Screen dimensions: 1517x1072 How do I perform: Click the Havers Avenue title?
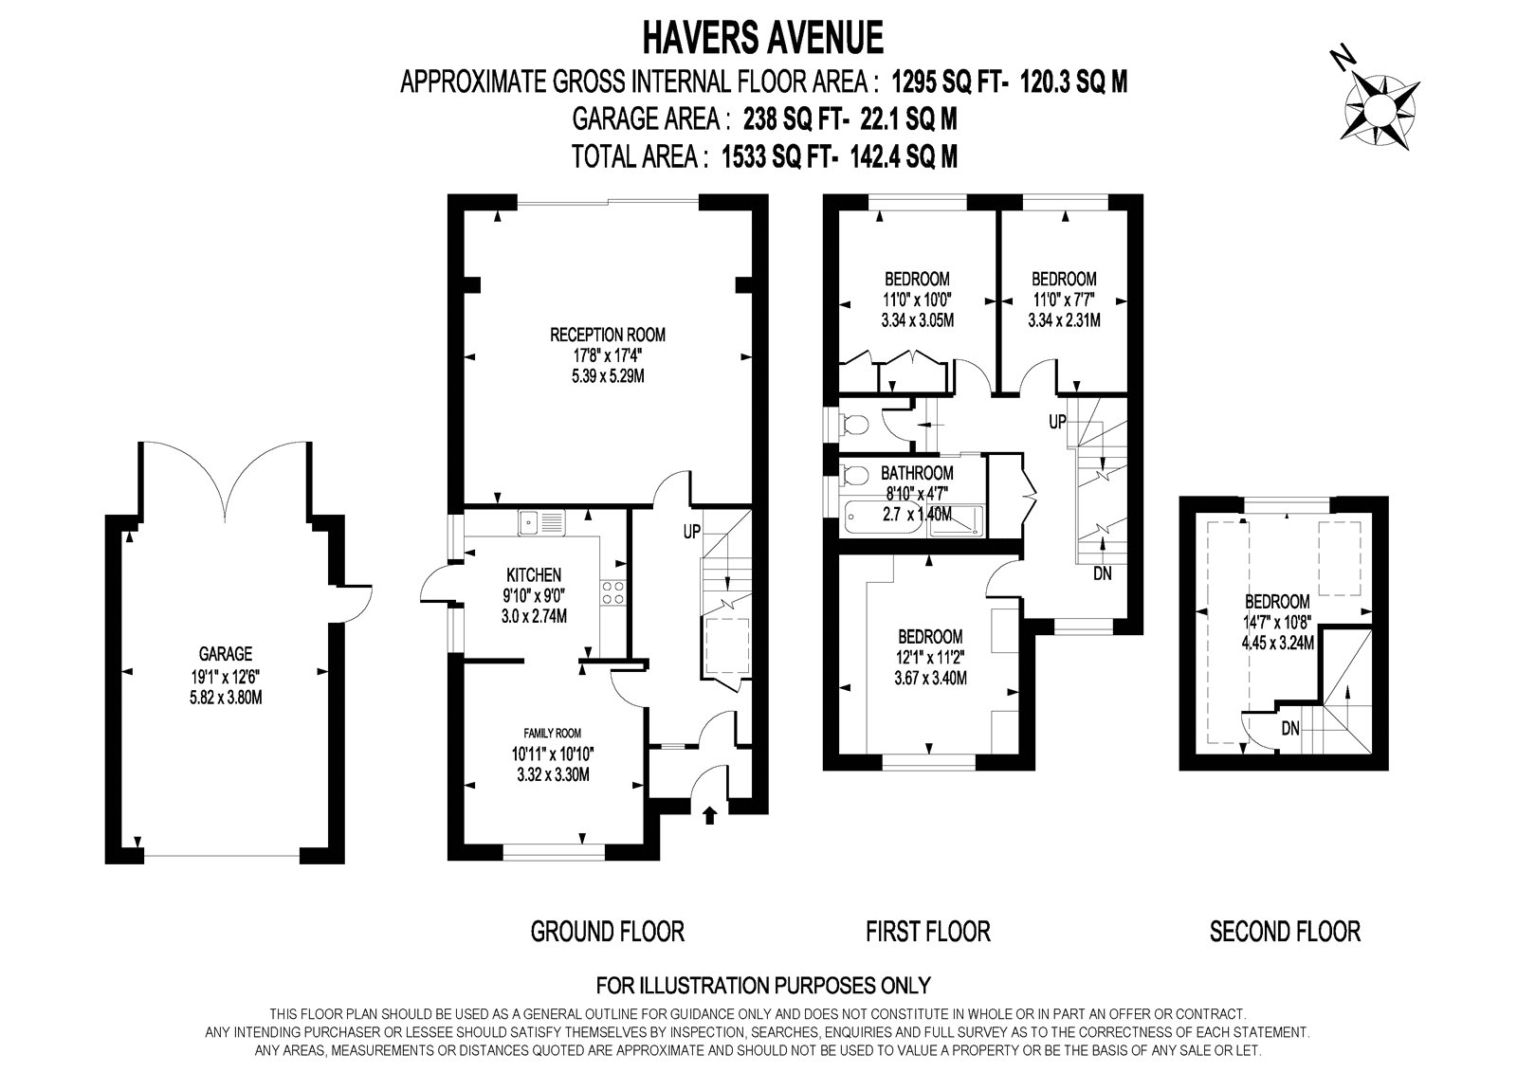(x=762, y=38)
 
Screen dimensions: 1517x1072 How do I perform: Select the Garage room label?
(x=226, y=653)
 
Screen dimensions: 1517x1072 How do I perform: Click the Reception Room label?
(x=608, y=335)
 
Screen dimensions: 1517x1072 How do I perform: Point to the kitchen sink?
(x=541, y=522)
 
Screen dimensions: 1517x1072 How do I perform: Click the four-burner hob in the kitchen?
(x=613, y=592)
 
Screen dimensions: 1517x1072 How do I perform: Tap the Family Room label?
(x=553, y=733)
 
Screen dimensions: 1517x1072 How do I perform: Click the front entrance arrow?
(x=709, y=815)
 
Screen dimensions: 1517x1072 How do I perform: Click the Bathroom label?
(x=917, y=473)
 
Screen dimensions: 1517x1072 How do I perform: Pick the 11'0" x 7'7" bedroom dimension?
(x=1063, y=300)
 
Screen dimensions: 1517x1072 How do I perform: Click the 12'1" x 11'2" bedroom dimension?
(x=930, y=657)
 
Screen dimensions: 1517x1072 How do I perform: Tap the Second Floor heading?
(x=1285, y=932)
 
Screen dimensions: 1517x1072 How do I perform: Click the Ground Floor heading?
(x=608, y=932)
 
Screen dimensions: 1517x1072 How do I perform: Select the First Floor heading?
(x=928, y=932)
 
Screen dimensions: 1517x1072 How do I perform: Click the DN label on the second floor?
(x=1290, y=729)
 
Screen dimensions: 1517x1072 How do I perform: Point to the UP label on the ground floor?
(x=691, y=533)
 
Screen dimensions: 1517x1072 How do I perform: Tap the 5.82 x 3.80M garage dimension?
(x=226, y=697)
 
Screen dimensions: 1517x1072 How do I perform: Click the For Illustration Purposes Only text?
(x=763, y=985)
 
